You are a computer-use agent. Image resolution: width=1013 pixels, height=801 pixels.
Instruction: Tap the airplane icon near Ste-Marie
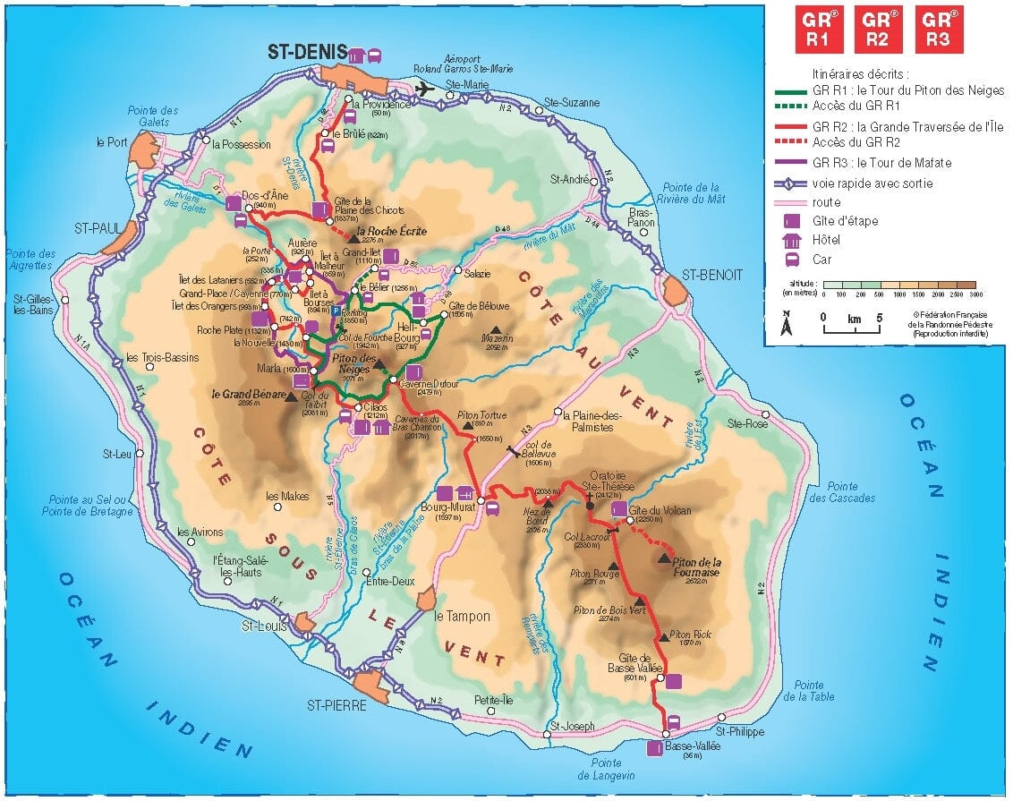[x=425, y=88]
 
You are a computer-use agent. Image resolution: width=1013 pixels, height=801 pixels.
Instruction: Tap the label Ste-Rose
[x=748, y=422]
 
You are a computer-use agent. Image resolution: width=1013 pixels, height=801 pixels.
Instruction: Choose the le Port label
[x=112, y=141]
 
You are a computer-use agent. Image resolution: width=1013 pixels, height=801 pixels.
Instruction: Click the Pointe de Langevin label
[x=613, y=768]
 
